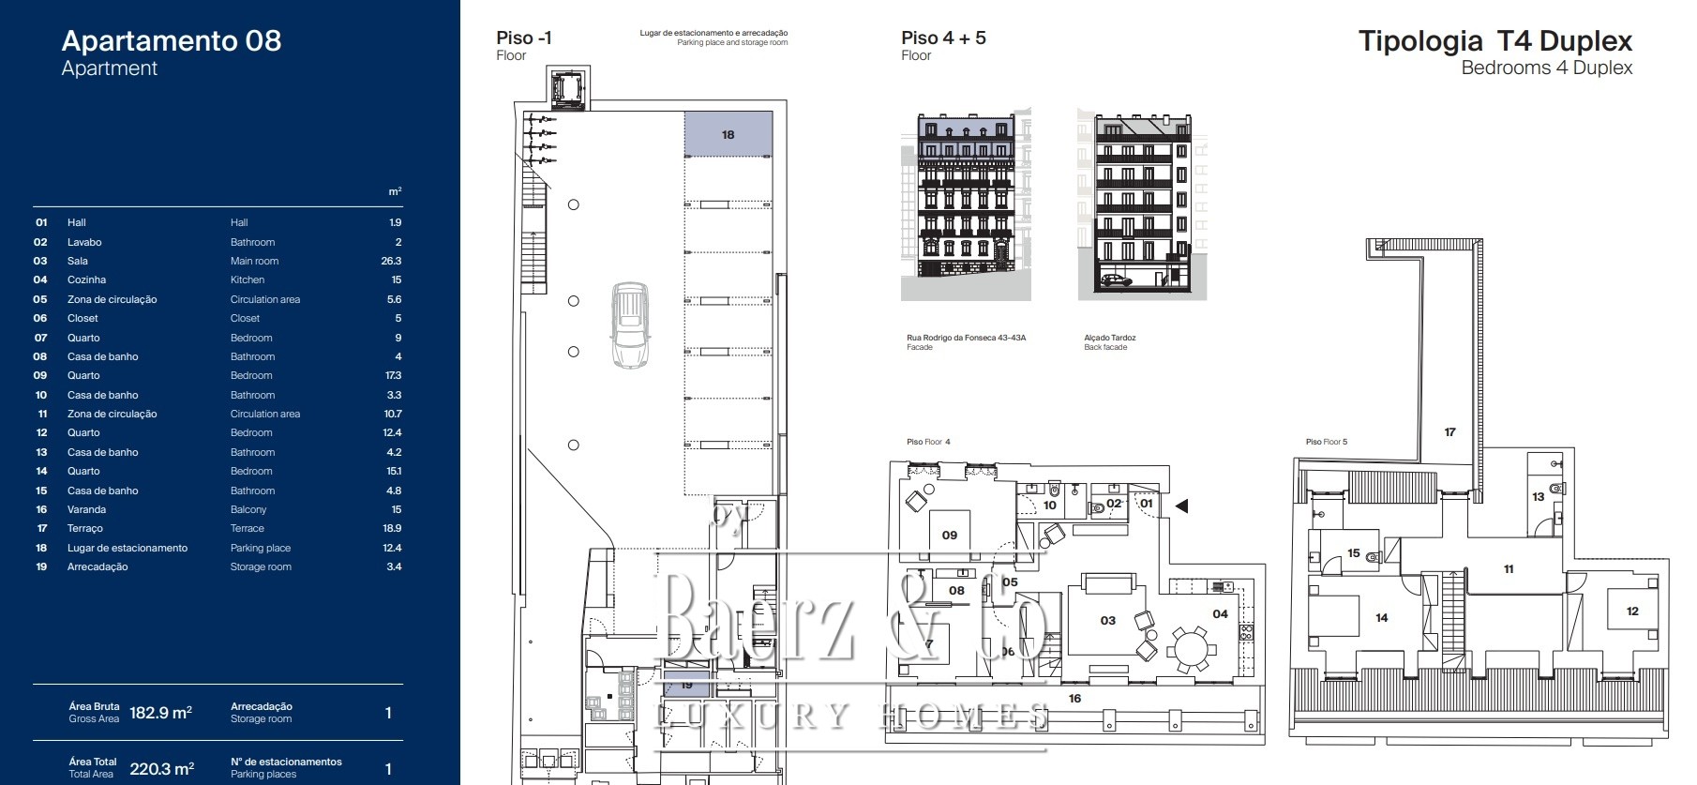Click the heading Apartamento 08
click(172, 40)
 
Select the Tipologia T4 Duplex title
click(1495, 41)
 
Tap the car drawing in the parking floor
click(630, 325)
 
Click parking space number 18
click(728, 134)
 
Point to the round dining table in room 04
click(1192, 649)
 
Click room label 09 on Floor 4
click(950, 536)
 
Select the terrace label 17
click(1450, 432)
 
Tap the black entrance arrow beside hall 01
click(1182, 506)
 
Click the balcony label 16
click(1074, 699)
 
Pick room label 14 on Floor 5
click(1382, 618)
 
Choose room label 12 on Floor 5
click(1632, 611)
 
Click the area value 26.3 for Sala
click(391, 261)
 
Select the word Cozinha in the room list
click(86, 279)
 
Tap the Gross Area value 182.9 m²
click(160, 713)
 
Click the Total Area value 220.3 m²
click(161, 769)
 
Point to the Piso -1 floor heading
click(524, 38)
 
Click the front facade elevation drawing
click(966, 204)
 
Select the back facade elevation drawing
click(1142, 204)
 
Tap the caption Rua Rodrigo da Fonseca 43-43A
click(966, 338)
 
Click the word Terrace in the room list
click(248, 529)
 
